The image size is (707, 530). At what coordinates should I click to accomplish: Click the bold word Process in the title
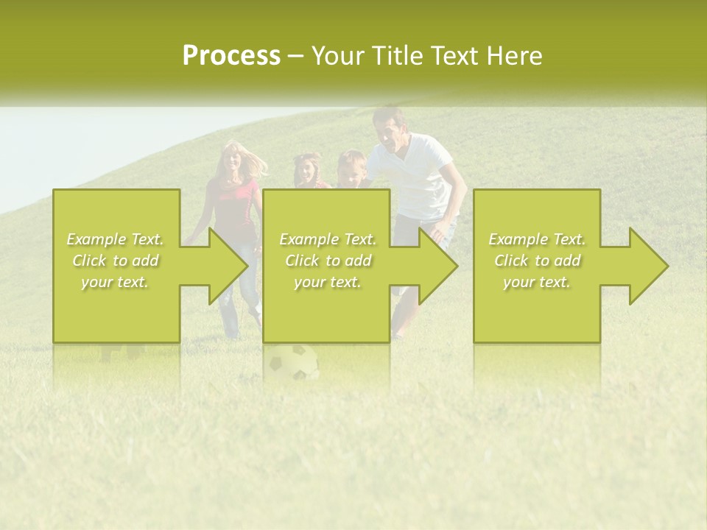click(231, 56)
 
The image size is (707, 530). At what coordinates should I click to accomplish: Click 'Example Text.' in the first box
click(116, 239)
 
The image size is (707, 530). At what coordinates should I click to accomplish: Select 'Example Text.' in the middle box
click(328, 239)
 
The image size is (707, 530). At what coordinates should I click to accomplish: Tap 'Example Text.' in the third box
click(537, 239)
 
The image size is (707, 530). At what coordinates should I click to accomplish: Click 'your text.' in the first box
click(116, 282)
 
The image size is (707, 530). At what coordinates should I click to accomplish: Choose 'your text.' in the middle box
click(328, 282)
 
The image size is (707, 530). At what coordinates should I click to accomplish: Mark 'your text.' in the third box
click(537, 282)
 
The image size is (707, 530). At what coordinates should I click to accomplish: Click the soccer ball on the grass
click(292, 362)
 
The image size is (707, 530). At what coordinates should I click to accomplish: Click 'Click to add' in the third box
click(537, 261)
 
